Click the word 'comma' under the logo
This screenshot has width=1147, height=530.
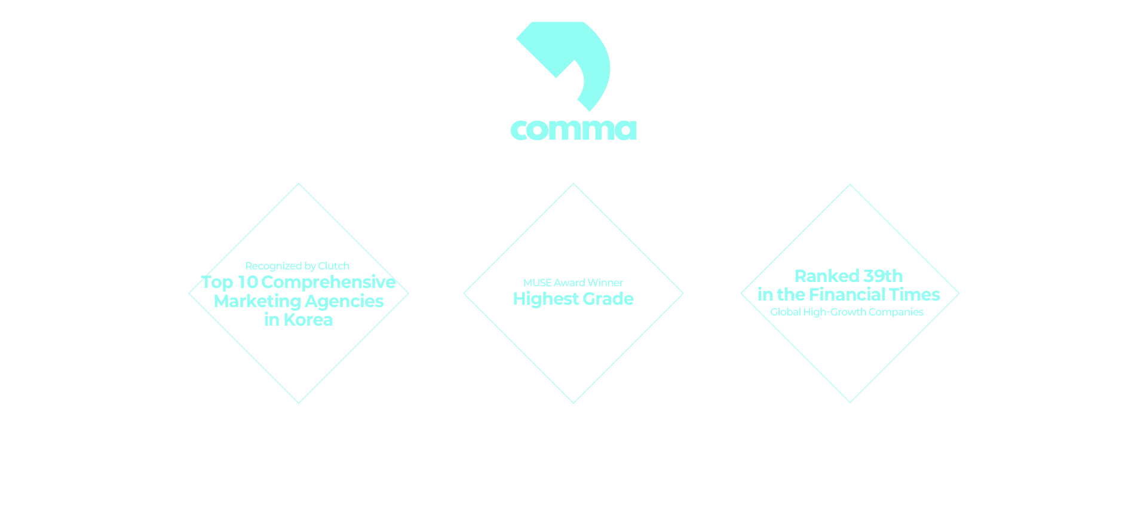click(x=573, y=130)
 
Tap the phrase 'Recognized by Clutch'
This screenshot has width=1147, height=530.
click(x=297, y=266)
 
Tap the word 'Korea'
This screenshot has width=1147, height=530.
click(x=308, y=320)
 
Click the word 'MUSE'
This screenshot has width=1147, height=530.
click(x=537, y=283)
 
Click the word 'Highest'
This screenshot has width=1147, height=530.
click(x=545, y=299)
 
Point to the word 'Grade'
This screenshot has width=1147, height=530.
click(x=608, y=299)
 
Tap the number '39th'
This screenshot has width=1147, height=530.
click(x=883, y=276)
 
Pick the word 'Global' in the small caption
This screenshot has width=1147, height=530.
click(x=785, y=312)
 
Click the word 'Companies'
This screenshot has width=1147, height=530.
click(x=895, y=312)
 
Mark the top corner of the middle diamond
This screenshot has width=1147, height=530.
click(x=573, y=184)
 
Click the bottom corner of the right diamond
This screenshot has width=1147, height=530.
click(x=850, y=402)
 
